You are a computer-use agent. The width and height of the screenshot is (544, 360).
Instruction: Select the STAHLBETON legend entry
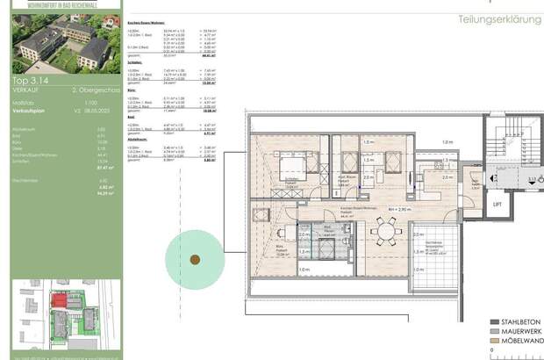(521, 321)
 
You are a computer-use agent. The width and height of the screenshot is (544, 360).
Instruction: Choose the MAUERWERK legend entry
(521, 331)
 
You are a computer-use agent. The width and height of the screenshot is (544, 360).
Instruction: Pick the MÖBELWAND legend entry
(521, 341)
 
